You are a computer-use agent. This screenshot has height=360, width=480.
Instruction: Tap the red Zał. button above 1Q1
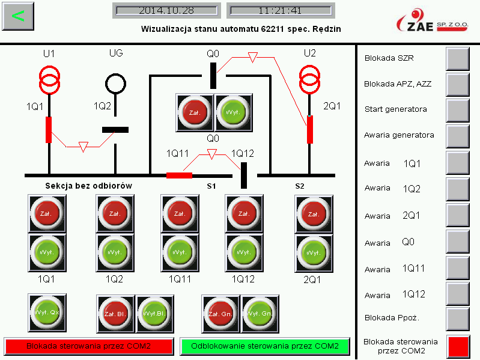[48, 213]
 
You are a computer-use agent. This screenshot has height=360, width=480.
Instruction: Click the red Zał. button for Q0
[194, 112]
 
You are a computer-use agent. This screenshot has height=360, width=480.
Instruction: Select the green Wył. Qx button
[47, 312]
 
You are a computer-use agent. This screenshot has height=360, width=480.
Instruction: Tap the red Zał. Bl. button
[115, 313]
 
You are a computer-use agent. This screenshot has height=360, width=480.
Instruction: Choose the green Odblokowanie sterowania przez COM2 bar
[265, 346]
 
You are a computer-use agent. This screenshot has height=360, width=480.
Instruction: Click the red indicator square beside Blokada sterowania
[458, 346]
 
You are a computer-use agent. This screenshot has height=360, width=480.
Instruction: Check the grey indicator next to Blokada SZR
[458, 58]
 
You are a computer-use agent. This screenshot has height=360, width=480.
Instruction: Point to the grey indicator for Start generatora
[458, 109]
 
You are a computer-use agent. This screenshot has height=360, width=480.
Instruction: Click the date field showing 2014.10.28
[166, 11]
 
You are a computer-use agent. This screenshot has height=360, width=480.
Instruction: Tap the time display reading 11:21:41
[279, 11]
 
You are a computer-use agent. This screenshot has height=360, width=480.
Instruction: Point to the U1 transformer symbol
[49, 79]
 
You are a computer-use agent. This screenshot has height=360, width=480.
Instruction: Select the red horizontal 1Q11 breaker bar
[179, 175]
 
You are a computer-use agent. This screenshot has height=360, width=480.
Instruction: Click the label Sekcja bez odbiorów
[88, 186]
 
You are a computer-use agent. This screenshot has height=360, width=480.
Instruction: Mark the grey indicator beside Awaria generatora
[458, 135]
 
